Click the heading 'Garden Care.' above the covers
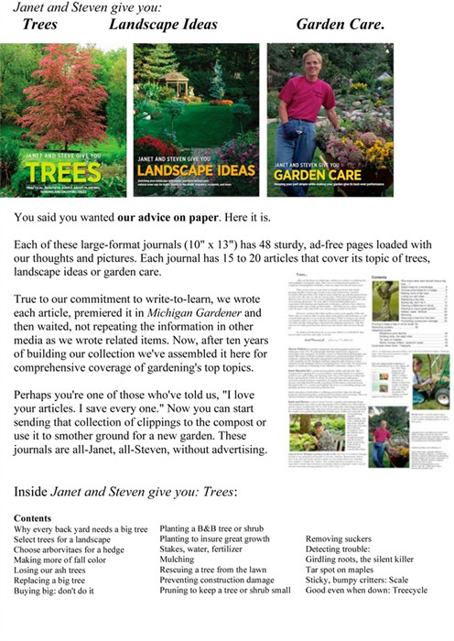[x=340, y=25]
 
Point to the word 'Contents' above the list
[x=34, y=517]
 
